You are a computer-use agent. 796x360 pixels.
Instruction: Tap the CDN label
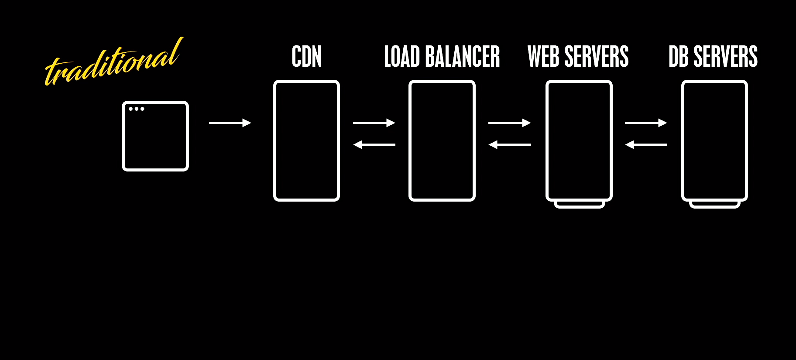(306, 57)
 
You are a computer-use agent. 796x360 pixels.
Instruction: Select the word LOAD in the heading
(401, 57)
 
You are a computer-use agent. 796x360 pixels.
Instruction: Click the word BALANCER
(462, 57)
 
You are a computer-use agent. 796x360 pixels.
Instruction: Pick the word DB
(678, 57)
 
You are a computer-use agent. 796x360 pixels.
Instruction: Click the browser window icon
(155, 136)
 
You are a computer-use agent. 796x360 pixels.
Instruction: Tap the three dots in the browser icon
(137, 109)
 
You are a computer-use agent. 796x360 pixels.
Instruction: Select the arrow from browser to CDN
(230, 123)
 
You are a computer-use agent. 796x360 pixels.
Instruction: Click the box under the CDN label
(306, 141)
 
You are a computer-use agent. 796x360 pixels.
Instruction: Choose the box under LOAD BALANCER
(442, 141)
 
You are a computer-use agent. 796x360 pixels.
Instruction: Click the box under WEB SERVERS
(579, 141)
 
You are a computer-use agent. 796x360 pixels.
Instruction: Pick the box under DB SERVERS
(714, 141)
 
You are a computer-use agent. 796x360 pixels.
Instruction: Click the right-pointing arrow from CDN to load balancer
(374, 123)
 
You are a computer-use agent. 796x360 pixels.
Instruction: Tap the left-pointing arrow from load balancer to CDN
(374, 144)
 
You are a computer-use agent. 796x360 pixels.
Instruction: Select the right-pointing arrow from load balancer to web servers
(509, 123)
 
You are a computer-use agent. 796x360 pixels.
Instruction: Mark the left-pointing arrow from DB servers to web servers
(646, 144)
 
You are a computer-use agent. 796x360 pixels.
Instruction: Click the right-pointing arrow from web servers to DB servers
(646, 123)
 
